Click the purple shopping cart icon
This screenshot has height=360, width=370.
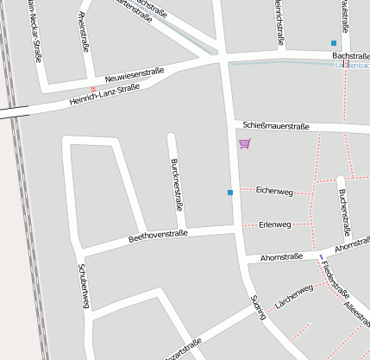(245, 143)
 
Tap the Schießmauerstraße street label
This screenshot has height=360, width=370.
(276, 126)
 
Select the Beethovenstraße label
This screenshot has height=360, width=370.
(158, 235)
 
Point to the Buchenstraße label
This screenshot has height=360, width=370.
(344, 212)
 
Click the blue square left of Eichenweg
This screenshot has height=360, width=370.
(230, 192)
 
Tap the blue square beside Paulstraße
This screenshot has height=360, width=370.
(334, 42)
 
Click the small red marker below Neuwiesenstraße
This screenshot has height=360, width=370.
(93, 89)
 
